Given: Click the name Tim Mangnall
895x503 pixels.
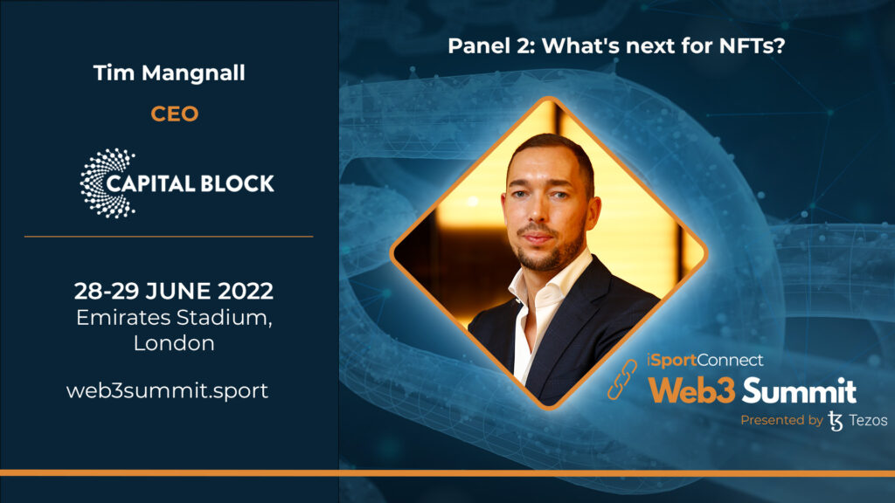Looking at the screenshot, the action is click(x=169, y=73).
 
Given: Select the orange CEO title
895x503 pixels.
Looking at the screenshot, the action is click(x=175, y=114).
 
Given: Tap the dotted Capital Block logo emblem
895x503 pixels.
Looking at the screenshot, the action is click(x=108, y=183).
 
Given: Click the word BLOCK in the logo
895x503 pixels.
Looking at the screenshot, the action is click(x=237, y=183).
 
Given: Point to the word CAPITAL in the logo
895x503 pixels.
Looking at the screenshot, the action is click(x=150, y=183).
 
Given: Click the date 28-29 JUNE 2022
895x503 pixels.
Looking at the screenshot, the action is click(x=174, y=291).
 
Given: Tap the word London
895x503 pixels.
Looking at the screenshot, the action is click(x=174, y=343).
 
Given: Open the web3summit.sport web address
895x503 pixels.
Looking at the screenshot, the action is click(x=167, y=391).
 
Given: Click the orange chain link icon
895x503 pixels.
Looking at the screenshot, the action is click(x=621, y=379).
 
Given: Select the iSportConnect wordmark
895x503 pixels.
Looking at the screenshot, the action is click(x=705, y=360).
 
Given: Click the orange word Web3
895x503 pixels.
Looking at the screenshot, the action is click(x=692, y=390).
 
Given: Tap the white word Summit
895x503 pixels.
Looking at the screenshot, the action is click(x=799, y=390).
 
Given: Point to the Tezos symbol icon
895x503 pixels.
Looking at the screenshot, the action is click(x=835, y=421).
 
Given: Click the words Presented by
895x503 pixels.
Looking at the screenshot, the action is click(x=781, y=420).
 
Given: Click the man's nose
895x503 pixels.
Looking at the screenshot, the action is click(x=538, y=211).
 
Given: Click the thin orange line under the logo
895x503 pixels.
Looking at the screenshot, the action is click(x=169, y=236).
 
